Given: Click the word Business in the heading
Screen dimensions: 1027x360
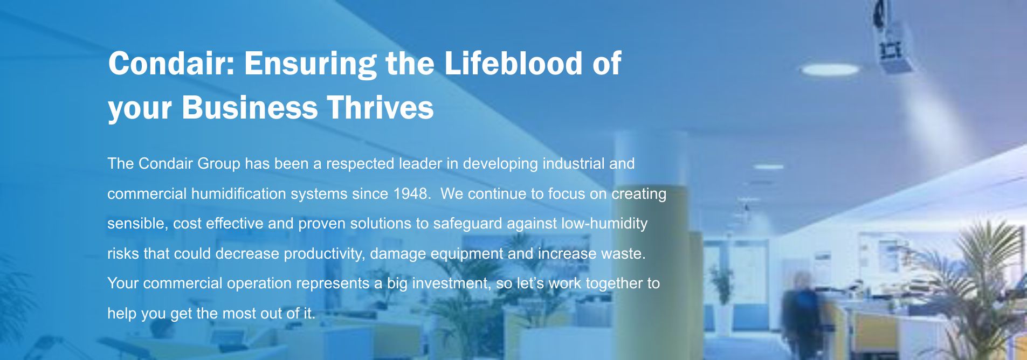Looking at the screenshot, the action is tap(250, 107).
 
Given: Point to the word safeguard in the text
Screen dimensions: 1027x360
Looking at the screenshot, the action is tap(467, 224).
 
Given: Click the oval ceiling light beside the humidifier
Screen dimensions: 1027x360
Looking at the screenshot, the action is tap(830, 69).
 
